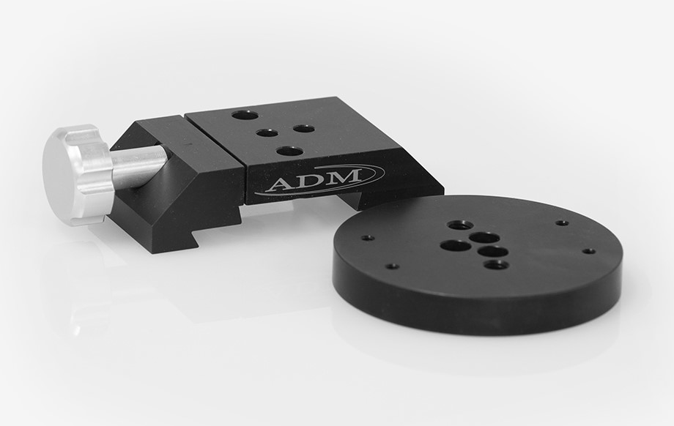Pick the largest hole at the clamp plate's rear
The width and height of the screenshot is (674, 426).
(x=244, y=115)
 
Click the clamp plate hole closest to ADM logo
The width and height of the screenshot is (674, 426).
(x=290, y=152)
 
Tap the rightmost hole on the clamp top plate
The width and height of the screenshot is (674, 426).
(x=303, y=129)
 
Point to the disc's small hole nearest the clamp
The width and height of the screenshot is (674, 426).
(x=368, y=238)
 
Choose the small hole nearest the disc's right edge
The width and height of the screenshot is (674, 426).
(x=588, y=251)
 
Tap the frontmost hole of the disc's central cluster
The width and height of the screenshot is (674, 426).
(x=496, y=264)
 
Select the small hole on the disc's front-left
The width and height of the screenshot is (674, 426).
(x=392, y=266)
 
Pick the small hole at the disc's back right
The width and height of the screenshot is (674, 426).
(x=562, y=223)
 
